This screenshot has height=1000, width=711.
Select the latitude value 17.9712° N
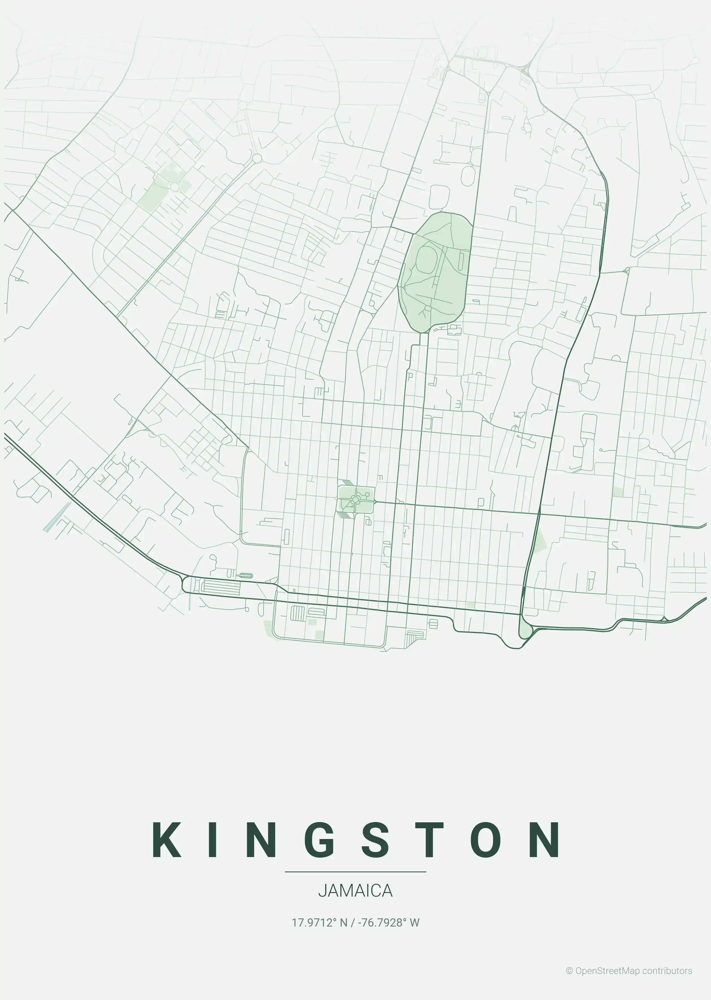[319, 922]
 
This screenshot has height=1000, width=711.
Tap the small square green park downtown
[356, 498]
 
